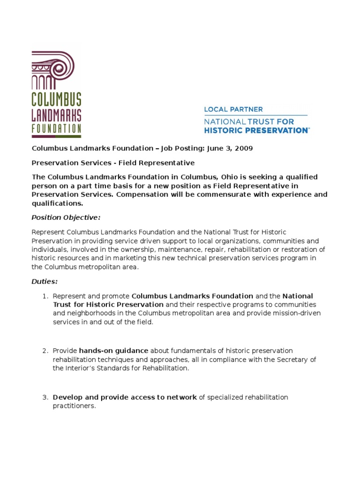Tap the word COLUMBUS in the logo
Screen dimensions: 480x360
pos(56,99)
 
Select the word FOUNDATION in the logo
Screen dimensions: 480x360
pos(56,128)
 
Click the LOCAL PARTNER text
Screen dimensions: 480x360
pos(233,110)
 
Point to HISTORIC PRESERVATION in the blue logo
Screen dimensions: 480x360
pos(256,130)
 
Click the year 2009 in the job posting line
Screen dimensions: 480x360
pos(243,149)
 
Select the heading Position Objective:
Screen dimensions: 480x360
pos(66,217)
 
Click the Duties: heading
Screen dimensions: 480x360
pos(45,282)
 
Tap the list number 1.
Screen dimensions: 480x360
pos(45,296)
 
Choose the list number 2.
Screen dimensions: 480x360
pos(45,351)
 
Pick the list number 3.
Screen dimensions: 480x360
pos(45,397)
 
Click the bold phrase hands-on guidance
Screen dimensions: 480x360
pos(113,351)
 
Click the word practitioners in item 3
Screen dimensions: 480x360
pos(74,406)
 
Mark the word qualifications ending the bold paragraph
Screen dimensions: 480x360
pos(57,203)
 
